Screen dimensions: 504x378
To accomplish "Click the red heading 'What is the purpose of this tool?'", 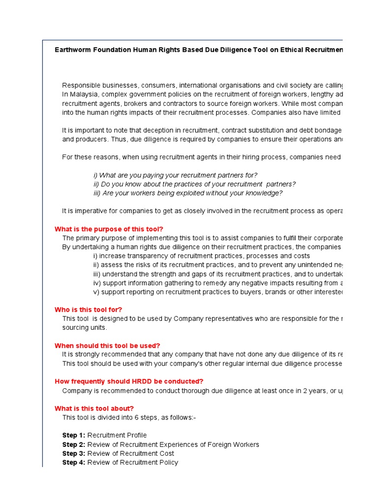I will [x=108, y=229].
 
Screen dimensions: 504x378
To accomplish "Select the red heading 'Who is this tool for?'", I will [x=88, y=310].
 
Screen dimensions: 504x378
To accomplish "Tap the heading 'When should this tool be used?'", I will [x=107, y=346].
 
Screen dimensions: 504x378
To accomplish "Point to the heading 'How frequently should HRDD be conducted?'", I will [x=128, y=381].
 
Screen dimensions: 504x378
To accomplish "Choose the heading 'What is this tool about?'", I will [x=94, y=409].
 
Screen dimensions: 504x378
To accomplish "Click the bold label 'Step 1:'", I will [x=73, y=436].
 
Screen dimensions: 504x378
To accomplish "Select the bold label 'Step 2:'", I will [x=73, y=444].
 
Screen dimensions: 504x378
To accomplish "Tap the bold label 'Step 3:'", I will [x=73, y=453].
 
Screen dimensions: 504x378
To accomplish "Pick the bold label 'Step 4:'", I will [x=73, y=462].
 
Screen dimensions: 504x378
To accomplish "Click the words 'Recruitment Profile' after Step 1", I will [x=117, y=436].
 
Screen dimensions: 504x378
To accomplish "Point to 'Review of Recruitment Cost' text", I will [x=130, y=453].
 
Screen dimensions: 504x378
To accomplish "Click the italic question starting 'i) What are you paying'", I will [x=175, y=175].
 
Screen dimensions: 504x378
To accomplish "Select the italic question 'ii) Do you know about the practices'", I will [x=194, y=184].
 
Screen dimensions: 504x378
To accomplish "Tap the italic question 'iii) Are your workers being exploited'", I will [x=188, y=193].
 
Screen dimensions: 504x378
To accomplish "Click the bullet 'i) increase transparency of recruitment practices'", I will [x=201, y=256].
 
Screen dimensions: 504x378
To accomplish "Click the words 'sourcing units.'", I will [x=84, y=327].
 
